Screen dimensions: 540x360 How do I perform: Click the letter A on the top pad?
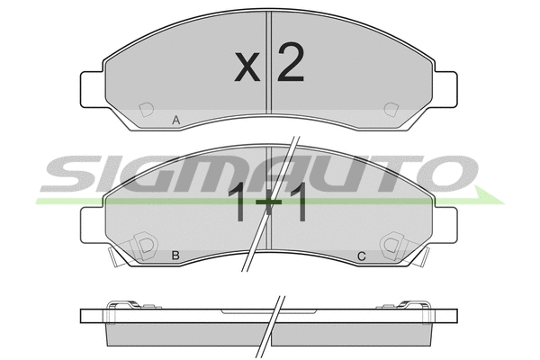(x=176, y=121)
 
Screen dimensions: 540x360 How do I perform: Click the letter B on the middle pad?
(x=175, y=256)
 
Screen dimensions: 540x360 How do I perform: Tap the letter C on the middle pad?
(x=361, y=256)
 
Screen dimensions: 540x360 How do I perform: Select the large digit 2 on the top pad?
(x=291, y=63)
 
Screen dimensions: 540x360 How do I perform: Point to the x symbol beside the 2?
(x=247, y=67)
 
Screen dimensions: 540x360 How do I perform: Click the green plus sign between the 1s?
(x=269, y=202)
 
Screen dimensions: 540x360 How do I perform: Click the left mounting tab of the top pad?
(x=92, y=89)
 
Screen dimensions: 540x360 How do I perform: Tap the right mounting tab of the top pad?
(x=445, y=89)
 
